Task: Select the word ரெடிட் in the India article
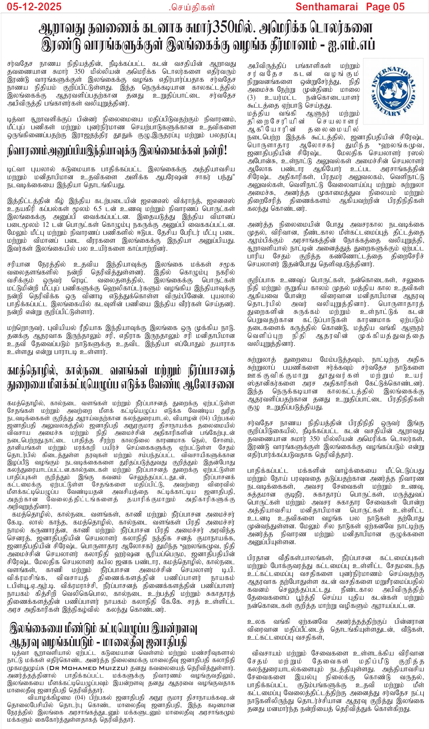coord(80,280)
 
